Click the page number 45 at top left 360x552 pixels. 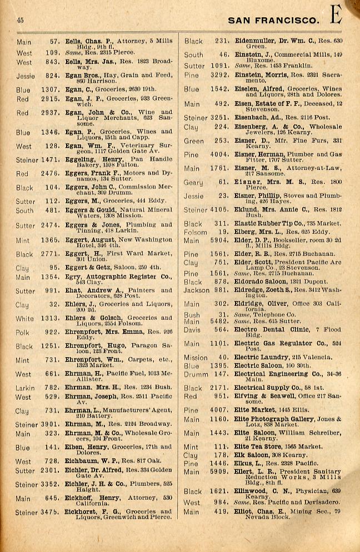20,21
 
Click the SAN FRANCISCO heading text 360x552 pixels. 274,21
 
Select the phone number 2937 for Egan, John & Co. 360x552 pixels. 50,113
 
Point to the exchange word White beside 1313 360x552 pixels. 25,319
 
